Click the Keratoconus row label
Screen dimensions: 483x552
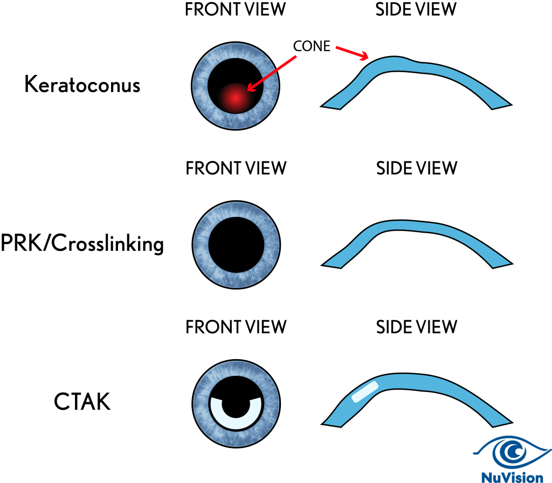click(82, 85)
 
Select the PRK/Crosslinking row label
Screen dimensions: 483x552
click(82, 244)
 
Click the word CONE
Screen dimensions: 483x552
click(312, 46)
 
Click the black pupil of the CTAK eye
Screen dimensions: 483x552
click(236, 401)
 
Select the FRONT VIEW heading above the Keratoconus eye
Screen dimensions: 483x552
click(236, 9)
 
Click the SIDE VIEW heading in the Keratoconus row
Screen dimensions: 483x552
click(416, 9)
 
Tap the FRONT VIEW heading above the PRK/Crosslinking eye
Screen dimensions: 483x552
click(236, 168)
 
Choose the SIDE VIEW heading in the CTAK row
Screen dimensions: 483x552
click(416, 326)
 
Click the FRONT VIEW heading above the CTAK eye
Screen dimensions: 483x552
click(236, 326)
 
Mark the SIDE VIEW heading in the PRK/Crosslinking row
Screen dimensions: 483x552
click(416, 168)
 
